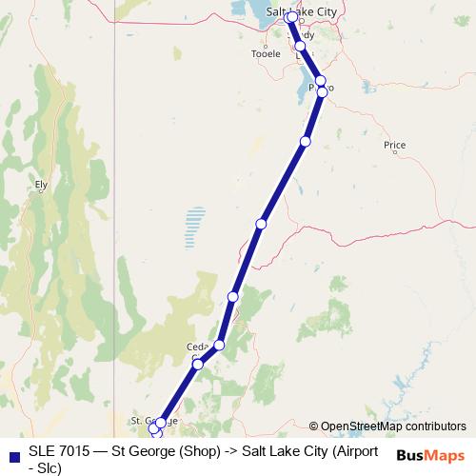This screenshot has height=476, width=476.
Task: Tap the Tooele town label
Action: click(266, 54)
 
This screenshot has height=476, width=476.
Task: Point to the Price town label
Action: click(394, 146)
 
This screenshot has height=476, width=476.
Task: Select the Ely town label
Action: click(40, 186)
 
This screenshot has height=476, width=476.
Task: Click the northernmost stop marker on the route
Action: click(291, 17)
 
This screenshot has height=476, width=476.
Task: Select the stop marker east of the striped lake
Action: click(261, 224)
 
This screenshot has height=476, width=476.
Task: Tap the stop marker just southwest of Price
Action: click(306, 141)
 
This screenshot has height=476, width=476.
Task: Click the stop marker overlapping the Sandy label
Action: click(301, 46)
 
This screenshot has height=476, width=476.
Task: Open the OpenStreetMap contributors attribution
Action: click(393, 426)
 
